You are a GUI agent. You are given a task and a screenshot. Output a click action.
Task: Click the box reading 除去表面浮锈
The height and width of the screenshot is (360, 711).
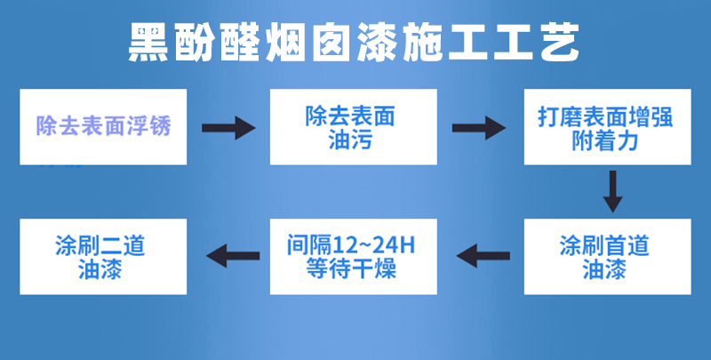pyautogui.click(x=103, y=127)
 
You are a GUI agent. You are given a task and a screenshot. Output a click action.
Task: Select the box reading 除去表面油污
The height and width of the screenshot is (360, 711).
pyautogui.click(x=354, y=127)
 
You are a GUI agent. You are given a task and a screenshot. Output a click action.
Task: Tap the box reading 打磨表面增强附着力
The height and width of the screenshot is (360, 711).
pyautogui.click(x=608, y=127)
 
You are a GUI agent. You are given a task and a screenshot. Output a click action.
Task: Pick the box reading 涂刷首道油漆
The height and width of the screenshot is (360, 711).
pyautogui.click(x=608, y=257)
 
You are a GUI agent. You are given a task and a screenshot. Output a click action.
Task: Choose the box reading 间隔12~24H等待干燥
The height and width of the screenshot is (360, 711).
pyautogui.click(x=354, y=257)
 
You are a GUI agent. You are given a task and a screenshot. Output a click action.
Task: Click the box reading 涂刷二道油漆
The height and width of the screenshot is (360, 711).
pyautogui.click(x=103, y=257)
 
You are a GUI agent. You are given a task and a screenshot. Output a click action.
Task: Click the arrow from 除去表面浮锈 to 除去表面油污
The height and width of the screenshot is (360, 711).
pyautogui.click(x=228, y=128)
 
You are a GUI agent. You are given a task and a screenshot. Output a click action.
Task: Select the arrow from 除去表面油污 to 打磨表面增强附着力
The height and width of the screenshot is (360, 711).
pyautogui.click(x=479, y=128)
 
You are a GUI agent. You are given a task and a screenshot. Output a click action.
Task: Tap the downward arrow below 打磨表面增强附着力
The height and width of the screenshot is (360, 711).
pyautogui.click(x=612, y=191)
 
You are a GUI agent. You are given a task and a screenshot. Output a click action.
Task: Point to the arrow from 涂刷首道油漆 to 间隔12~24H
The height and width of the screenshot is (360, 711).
pyautogui.click(x=483, y=256)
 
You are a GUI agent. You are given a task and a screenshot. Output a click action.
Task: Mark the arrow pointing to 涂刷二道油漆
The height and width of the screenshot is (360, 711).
pyautogui.click(x=233, y=256)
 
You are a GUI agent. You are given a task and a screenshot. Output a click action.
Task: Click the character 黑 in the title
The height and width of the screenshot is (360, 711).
pyautogui.click(x=148, y=42)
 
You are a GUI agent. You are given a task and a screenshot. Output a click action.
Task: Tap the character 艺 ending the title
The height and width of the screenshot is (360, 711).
pyautogui.click(x=560, y=42)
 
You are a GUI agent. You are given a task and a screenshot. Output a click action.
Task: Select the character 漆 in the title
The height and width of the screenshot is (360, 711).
pyautogui.click(x=377, y=42)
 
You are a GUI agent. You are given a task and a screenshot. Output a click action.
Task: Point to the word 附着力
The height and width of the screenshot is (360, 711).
pyautogui.click(x=605, y=141)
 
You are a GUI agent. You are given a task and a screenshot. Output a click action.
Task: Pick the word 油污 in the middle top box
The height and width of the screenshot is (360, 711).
pyautogui.click(x=350, y=141)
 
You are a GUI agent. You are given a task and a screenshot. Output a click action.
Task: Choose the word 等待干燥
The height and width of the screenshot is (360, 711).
pyautogui.click(x=351, y=268)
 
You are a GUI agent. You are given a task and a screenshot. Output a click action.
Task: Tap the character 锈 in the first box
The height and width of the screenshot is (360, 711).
pyautogui.click(x=161, y=126)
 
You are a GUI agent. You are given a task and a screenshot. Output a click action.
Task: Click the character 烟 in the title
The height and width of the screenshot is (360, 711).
pyautogui.click(x=285, y=42)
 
